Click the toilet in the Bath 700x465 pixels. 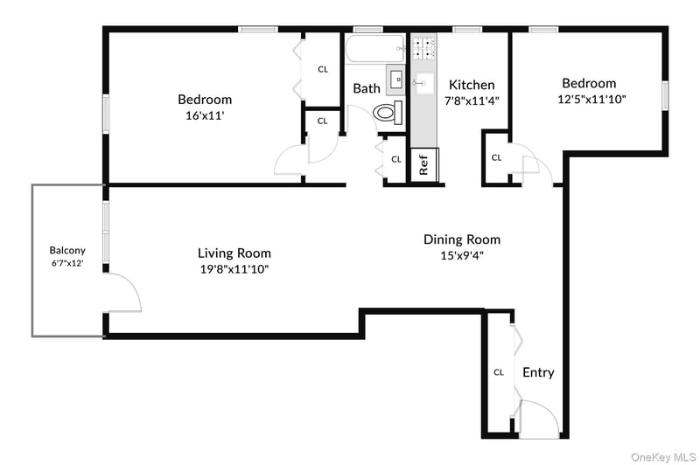coord(388,113)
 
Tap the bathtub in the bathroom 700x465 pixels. coord(375,49)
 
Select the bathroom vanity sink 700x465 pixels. coord(395,80)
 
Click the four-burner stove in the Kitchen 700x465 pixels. coord(423,48)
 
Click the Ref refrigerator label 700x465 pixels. coord(423,165)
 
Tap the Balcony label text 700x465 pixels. coord(67,251)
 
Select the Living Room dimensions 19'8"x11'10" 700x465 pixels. coord(234,269)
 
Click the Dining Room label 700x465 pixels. coord(462,239)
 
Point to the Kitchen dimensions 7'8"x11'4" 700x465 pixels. coord(472,101)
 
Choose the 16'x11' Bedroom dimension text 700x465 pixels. coord(205,116)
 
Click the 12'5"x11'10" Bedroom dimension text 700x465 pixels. coord(592,99)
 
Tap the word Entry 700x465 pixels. coord(538,372)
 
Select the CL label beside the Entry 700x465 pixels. coord(499,372)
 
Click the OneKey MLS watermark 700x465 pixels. coord(663,457)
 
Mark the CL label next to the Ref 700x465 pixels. coord(396,159)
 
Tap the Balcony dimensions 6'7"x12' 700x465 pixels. coord(67,263)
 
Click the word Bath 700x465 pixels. coord(367,88)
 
